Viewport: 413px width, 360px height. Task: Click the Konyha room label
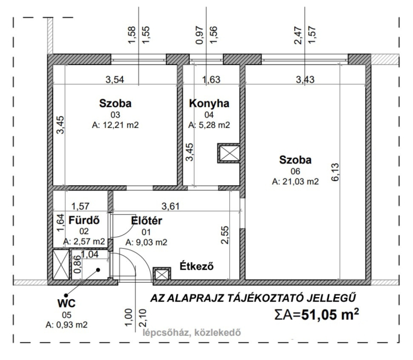point(209,104)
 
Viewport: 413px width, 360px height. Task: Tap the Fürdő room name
point(84,220)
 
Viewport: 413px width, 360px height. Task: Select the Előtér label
point(147,221)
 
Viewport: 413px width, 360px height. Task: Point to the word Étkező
point(197,266)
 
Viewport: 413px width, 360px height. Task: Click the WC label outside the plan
point(67,303)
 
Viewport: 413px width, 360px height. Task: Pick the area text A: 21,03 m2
point(295,182)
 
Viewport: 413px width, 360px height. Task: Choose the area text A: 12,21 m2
point(115,125)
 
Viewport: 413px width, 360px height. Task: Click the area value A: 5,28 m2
point(209,125)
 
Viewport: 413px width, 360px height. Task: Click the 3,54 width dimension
point(115,79)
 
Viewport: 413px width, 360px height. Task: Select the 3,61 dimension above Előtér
point(171,206)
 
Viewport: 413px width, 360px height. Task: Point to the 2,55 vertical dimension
point(225,235)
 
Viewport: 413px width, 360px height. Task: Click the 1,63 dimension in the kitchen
point(211,79)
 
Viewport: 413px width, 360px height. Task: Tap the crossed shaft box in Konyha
point(228,153)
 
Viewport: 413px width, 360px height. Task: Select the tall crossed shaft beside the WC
point(61,264)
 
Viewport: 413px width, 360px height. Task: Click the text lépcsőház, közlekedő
point(192,333)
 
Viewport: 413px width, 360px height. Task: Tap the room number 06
point(295,171)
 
